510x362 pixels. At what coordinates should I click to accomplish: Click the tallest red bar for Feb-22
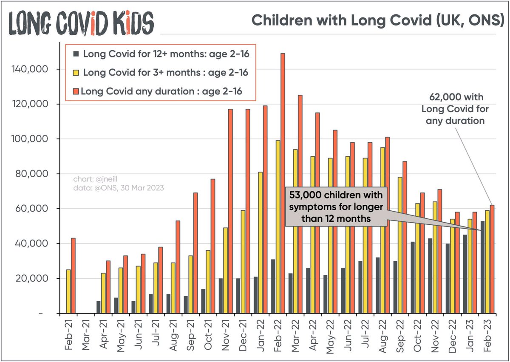coord(283,183)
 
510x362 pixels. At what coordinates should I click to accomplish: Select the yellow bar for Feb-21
coord(68,291)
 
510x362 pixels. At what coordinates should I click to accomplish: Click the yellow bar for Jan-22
coord(260,243)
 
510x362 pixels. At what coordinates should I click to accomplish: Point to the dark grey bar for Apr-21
coord(99,307)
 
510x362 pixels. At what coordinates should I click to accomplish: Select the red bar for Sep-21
coord(195,253)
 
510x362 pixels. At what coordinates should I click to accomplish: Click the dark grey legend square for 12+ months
coord(76,54)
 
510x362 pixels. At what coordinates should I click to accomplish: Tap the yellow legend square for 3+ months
coord(76,72)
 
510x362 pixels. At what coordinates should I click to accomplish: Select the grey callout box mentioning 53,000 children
coord(336,206)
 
